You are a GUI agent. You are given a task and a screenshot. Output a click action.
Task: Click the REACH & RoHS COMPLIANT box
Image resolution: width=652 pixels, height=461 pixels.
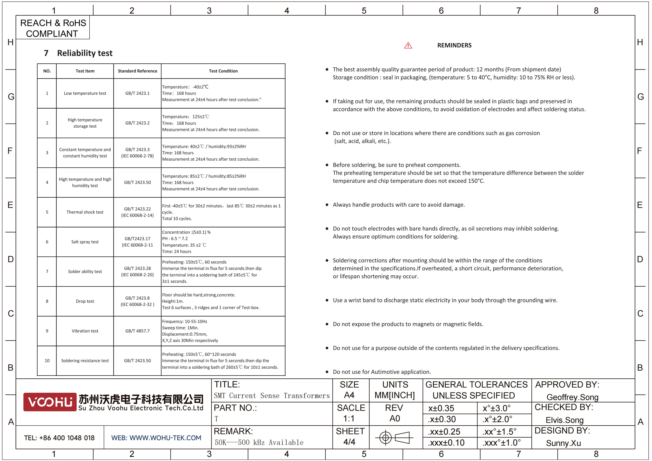tap(53, 28)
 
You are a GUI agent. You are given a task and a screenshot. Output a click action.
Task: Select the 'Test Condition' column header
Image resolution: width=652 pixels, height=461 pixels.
tap(223, 71)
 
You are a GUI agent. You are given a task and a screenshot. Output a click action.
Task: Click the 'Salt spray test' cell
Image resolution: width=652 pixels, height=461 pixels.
tap(85, 242)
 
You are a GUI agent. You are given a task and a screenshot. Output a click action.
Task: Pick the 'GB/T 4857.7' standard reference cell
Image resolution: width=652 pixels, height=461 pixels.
tap(137, 331)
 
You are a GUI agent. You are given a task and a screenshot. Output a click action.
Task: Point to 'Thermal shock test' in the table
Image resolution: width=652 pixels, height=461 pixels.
tap(85, 212)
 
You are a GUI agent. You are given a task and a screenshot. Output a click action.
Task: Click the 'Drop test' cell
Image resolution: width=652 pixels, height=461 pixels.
tap(85, 301)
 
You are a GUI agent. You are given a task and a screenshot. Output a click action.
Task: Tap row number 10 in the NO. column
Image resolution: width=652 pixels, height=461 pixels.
tap(47, 360)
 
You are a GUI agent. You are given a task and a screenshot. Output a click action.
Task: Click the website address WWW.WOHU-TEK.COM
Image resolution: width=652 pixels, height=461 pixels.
tap(156, 438)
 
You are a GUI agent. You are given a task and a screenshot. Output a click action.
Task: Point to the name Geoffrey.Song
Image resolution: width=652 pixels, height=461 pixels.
tap(572, 397)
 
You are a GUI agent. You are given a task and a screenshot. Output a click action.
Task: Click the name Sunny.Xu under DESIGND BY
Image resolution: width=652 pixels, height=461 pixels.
tap(563, 443)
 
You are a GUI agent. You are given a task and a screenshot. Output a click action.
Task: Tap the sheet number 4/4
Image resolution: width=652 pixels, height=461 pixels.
tap(349, 442)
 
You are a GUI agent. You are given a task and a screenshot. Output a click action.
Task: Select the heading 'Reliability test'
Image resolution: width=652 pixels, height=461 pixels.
tap(85, 53)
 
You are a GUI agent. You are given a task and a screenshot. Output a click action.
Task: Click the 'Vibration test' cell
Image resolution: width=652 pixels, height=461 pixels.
tap(85, 331)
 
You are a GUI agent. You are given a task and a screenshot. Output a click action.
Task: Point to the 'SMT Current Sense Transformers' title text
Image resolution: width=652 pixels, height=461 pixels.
tap(272, 396)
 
